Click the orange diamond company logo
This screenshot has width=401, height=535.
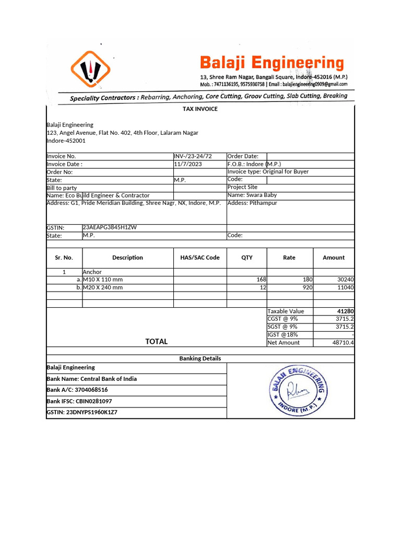(90, 68)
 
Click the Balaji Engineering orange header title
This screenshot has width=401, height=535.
(272, 64)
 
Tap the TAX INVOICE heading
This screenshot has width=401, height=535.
(200, 109)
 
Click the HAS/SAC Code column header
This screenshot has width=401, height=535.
(200, 258)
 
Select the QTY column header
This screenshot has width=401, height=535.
(246, 258)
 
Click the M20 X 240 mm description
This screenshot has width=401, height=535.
(103, 287)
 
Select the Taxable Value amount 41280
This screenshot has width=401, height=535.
(346, 311)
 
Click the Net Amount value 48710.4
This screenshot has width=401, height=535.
(343, 343)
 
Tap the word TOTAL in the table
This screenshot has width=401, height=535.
(156, 342)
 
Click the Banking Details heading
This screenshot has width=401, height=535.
(200, 358)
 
